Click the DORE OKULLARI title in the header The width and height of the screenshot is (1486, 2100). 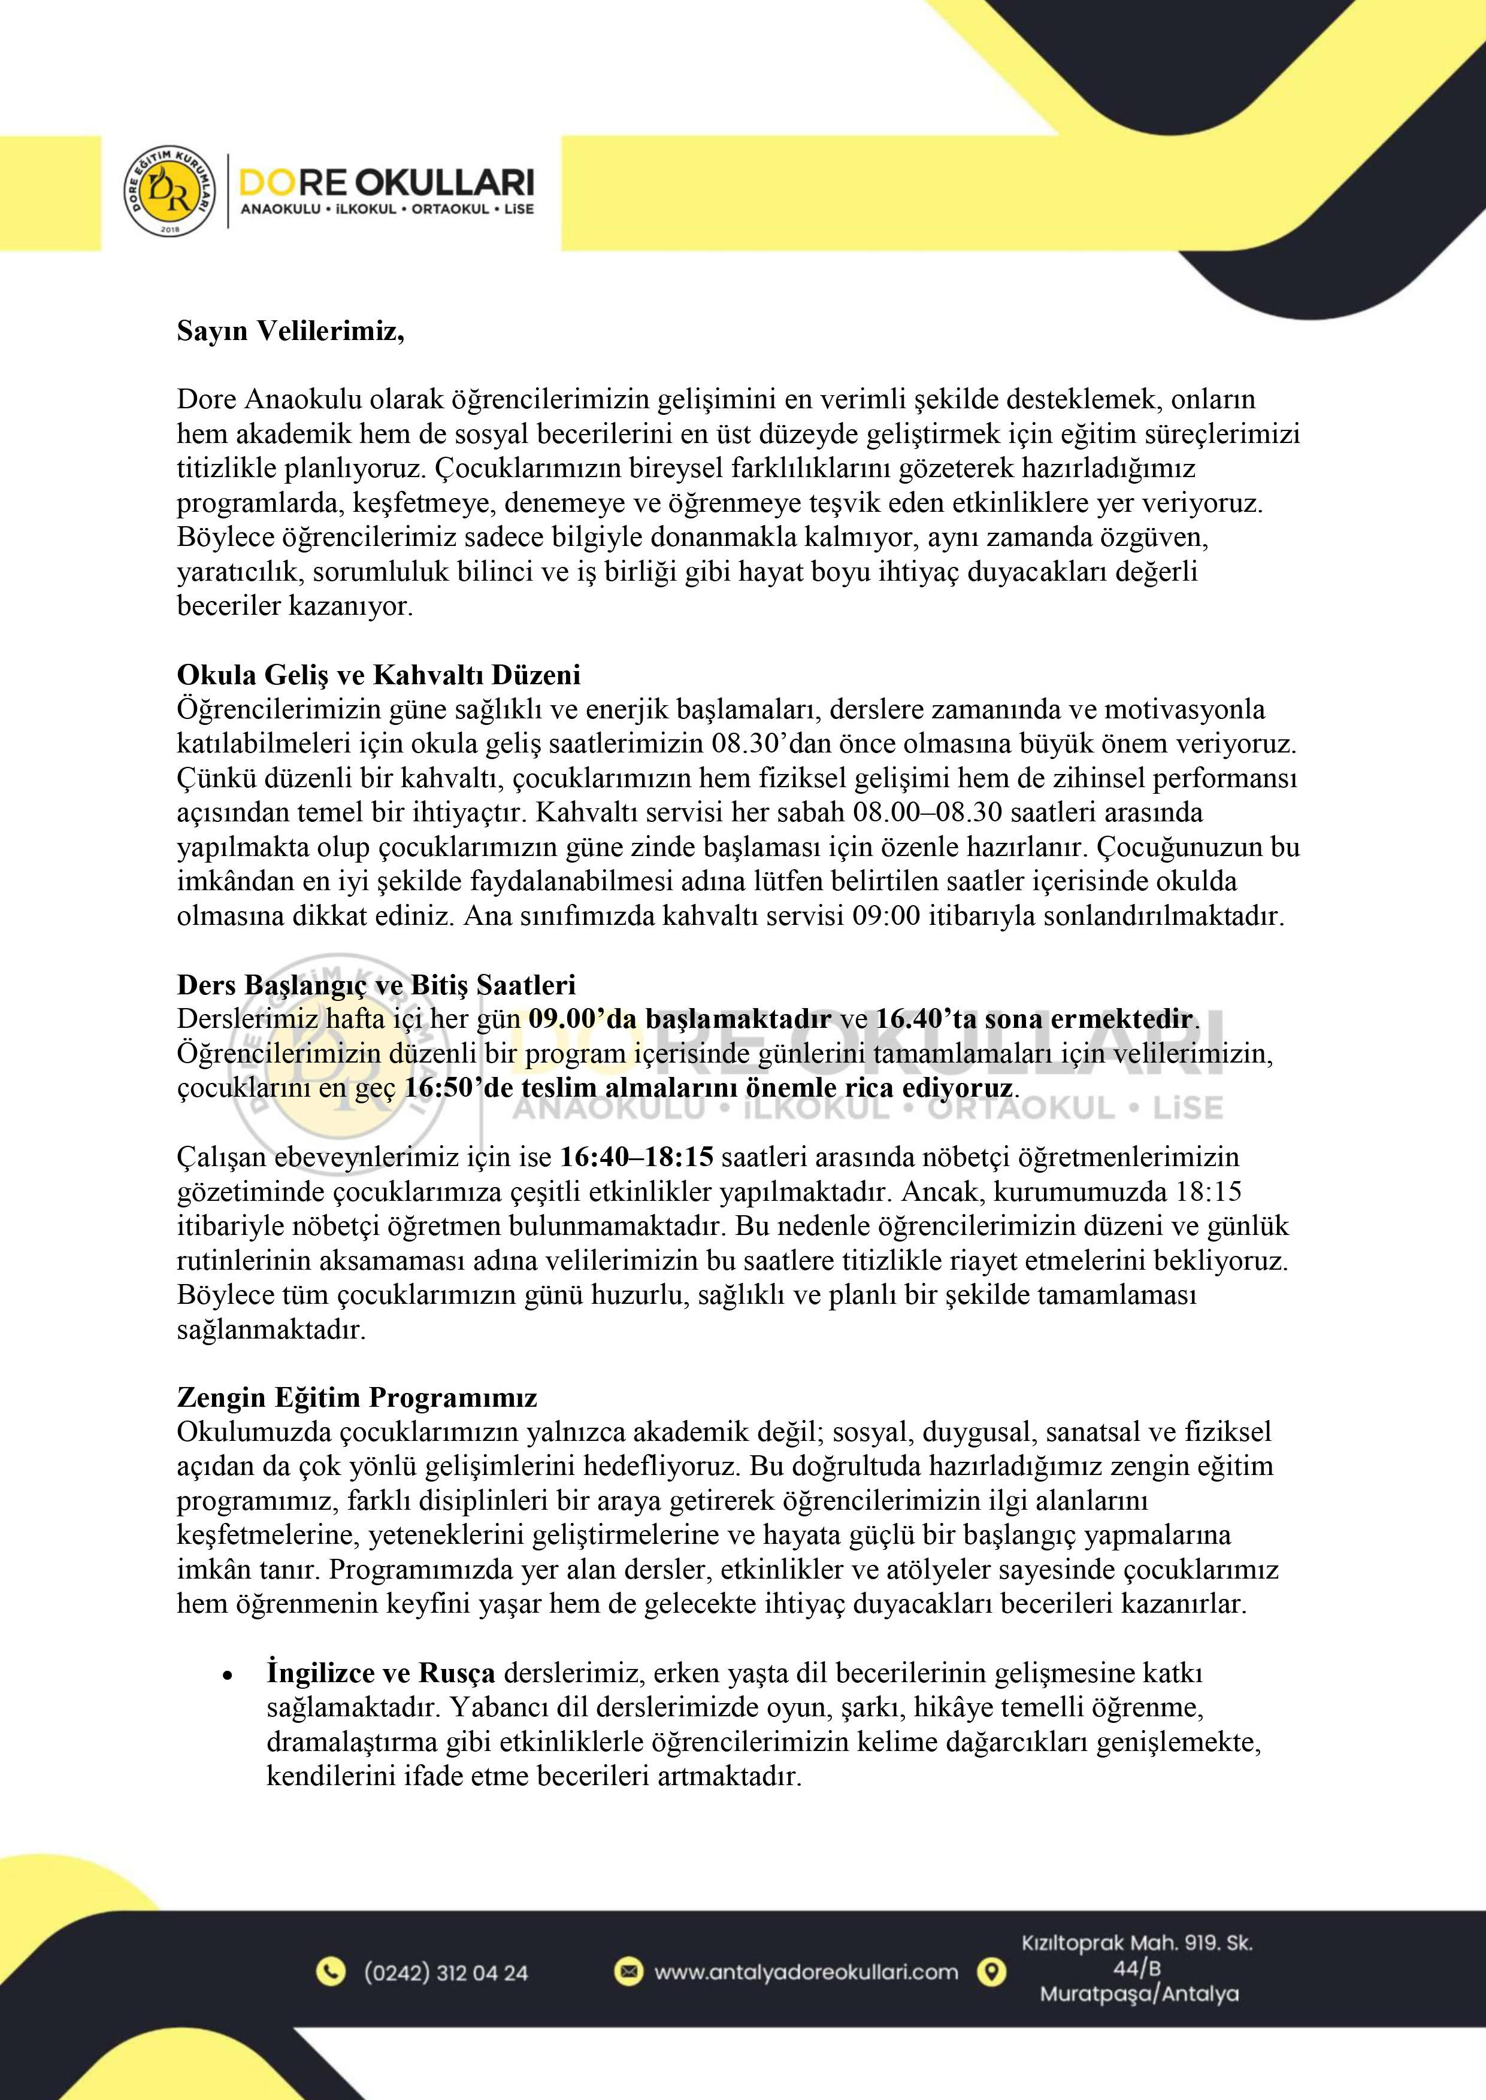coord(386,182)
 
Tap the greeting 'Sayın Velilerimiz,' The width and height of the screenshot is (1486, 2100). coord(290,330)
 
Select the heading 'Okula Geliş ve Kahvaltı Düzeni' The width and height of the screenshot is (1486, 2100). coord(378,675)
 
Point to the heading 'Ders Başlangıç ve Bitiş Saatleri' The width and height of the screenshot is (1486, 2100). coord(376,985)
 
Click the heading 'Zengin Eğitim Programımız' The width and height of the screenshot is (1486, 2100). coord(357,1398)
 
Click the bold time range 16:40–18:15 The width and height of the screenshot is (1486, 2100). coord(636,1157)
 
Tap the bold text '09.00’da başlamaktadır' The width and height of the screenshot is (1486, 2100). coord(680,1019)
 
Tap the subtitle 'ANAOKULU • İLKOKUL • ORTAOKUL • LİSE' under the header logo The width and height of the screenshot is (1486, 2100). coord(387,210)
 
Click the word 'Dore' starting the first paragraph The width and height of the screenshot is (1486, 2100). coord(207,400)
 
